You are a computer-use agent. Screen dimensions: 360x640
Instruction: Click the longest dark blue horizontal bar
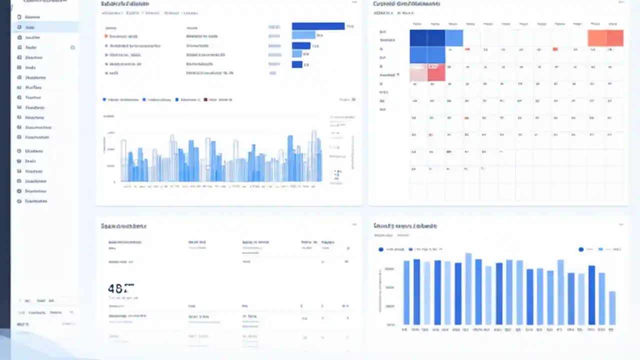click(x=318, y=26)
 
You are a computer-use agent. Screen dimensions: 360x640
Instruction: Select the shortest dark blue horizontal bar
click(x=297, y=64)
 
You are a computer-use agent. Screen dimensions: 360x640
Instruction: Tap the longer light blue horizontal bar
click(x=303, y=35)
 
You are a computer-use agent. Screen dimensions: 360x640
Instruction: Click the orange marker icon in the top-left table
click(x=106, y=36)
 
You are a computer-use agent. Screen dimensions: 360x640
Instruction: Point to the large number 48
click(x=118, y=288)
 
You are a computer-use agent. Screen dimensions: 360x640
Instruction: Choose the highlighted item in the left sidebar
click(x=45, y=27)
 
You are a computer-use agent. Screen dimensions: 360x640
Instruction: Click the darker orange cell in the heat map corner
click(x=615, y=38)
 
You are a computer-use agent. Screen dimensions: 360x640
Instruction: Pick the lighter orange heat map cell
click(x=597, y=38)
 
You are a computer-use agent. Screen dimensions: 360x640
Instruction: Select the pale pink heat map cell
click(x=418, y=73)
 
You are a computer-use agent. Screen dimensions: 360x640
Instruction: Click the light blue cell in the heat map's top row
click(x=454, y=38)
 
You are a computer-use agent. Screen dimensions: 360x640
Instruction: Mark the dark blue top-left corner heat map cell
click(x=418, y=38)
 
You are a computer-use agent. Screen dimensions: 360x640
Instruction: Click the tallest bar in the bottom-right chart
click(x=468, y=288)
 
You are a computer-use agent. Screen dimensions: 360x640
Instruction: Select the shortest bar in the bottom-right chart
click(x=612, y=307)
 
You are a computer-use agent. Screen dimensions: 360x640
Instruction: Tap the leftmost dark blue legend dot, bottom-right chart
click(x=381, y=249)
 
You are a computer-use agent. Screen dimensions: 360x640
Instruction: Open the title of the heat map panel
click(x=406, y=4)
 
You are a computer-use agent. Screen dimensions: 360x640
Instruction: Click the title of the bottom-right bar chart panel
click(x=405, y=226)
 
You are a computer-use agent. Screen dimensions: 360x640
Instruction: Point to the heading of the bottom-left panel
click(x=123, y=226)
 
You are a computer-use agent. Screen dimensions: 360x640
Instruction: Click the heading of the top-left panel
click(x=125, y=4)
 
